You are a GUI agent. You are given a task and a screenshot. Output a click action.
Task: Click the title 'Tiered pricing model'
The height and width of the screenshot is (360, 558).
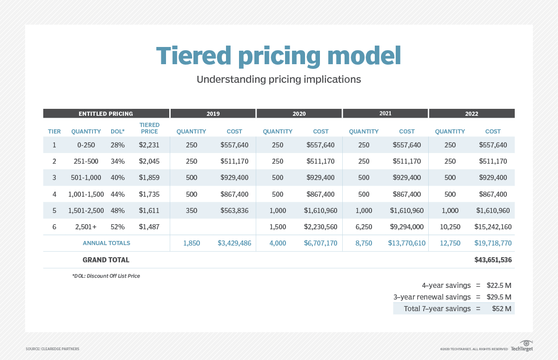279,56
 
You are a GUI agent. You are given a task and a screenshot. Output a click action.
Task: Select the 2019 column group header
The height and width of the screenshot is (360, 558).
213,113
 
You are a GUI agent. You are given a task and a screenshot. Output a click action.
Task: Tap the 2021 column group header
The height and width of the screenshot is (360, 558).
385,113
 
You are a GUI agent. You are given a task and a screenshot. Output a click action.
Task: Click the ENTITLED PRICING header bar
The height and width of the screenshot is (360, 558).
106,113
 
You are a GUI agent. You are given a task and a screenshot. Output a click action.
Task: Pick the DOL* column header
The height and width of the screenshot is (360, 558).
118,132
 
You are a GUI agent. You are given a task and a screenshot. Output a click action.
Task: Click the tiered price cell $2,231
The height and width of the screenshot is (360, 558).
149,145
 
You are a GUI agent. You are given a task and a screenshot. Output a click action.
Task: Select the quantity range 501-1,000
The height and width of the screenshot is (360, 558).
86,178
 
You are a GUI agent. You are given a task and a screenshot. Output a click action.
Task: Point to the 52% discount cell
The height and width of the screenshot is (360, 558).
118,227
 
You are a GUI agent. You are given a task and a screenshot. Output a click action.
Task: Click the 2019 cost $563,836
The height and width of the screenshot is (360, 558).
234,211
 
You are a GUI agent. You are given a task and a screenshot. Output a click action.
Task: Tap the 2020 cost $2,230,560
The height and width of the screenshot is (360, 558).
320,227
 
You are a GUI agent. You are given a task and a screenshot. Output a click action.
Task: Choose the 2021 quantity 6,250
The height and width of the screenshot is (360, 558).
364,227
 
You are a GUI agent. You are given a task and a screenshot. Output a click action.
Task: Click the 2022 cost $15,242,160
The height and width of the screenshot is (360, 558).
493,227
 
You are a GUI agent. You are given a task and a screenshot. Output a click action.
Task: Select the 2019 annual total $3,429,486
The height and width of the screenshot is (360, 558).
234,243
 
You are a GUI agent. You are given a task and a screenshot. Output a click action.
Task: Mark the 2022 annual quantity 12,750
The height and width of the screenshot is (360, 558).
450,243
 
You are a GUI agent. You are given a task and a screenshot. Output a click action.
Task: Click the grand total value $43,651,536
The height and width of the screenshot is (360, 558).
493,260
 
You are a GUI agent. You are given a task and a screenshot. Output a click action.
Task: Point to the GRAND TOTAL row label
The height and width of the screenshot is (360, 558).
106,260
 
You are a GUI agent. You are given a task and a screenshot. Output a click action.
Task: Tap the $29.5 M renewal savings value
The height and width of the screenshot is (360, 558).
499,297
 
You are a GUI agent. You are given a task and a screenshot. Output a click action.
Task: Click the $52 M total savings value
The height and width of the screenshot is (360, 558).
502,308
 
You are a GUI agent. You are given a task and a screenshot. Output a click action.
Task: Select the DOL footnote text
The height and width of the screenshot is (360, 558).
106,276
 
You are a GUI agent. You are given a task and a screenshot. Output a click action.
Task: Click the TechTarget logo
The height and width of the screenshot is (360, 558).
522,347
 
